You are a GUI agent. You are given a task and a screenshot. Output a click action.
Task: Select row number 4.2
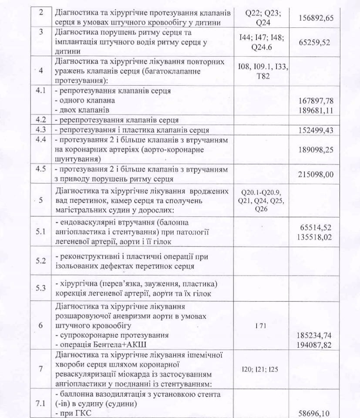point(40,120)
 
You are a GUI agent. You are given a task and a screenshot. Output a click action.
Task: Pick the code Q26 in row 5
point(262,209)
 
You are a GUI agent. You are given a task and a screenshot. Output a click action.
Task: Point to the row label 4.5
point(40,169)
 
